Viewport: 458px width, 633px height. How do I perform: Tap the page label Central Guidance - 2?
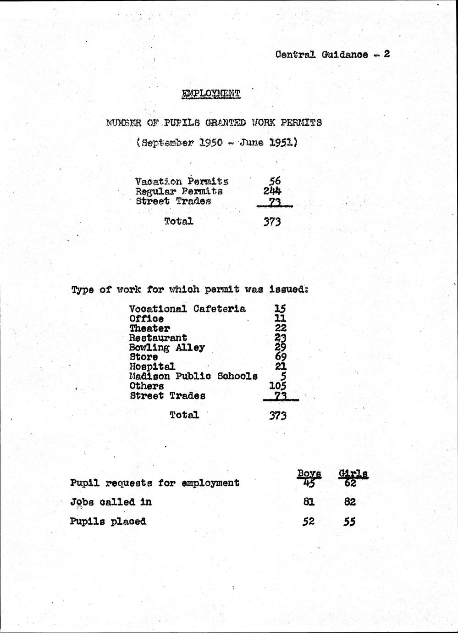pos(332,55)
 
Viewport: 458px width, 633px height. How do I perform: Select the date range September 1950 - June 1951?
pos(217,143)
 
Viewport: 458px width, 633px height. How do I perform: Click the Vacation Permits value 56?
pos(275,181)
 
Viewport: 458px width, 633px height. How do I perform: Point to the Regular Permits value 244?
pos(272,191)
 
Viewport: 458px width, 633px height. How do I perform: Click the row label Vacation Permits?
pos(182,181)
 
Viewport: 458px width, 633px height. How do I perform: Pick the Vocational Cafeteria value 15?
pos(279,309)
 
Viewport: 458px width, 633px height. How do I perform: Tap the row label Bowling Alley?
pos(167,347)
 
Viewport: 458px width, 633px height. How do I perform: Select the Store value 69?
pos(278,357)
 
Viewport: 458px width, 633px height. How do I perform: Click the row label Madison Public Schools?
pos(193,376)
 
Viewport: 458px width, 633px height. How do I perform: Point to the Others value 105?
pos(277,386)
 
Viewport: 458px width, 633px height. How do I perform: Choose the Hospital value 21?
pos(279,366)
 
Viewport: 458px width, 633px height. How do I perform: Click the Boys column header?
pos(309,473)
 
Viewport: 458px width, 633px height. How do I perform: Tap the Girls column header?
pos(353,473)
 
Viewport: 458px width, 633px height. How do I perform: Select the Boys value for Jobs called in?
pos(309,502)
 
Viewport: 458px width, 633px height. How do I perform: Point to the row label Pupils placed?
pos(108,521)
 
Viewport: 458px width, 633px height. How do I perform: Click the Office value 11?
pos(280,318)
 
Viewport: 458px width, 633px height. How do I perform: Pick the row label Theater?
pos(149,328)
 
